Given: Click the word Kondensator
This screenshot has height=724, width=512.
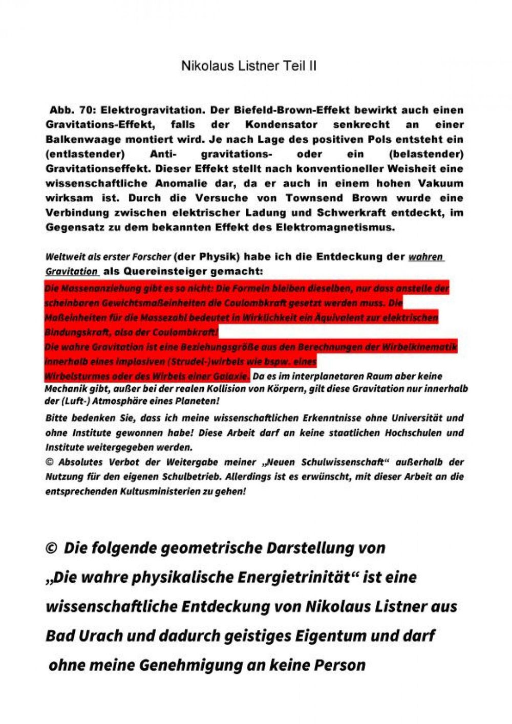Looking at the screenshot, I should coord(281,125).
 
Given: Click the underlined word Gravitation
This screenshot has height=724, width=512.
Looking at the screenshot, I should coord(71,271).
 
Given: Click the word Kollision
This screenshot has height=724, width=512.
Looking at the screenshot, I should coord(203,389).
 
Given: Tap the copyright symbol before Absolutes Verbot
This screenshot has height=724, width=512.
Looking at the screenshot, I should coord(50,462).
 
